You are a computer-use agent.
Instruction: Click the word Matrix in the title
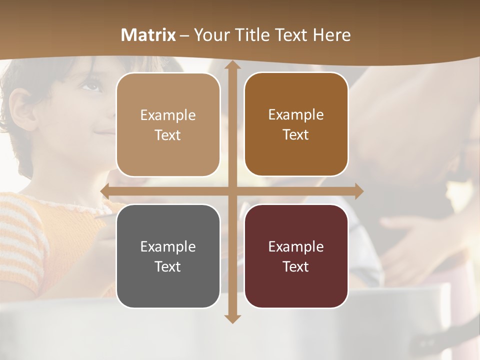(148, 35)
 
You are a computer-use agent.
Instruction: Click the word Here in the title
(331, 35)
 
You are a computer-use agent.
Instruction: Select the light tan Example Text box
(168, 125)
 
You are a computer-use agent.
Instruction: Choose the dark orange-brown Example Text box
(296, 124)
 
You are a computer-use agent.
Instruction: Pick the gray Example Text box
(168, 256)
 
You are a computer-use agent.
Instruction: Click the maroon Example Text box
(296, 256)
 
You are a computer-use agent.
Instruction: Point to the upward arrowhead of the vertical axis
(232, 65)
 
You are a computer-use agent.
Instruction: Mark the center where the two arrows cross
(232, 191)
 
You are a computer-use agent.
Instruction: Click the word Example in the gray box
(168, 246)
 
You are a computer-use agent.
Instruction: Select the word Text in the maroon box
(296, 266)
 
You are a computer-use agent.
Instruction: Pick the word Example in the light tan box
(168, 115)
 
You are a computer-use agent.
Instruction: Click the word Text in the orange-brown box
(296, 135)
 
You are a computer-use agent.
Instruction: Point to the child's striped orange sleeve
(22, 235)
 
